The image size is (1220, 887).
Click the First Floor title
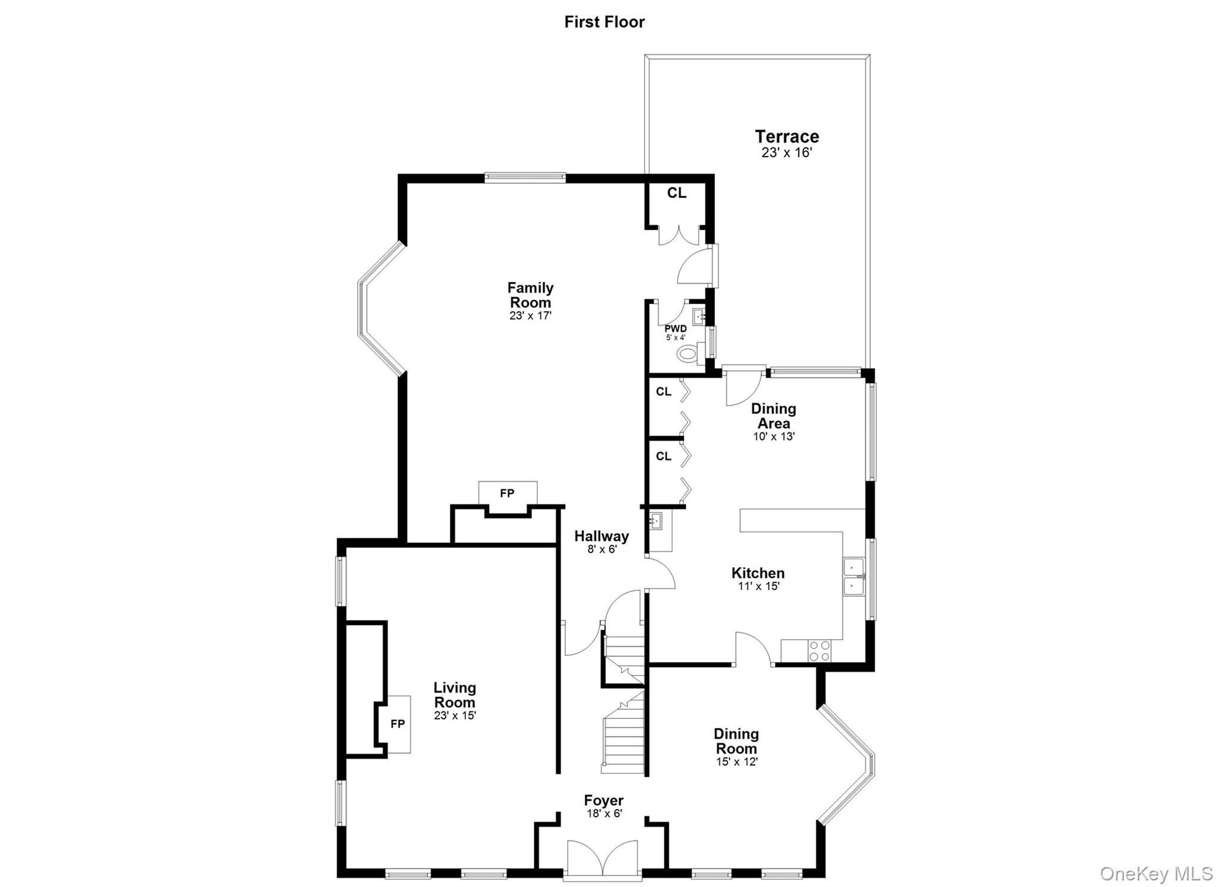pyautogui.click(x=604, y=22)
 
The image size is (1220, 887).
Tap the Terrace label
pyautogui.click(x=787, y=136)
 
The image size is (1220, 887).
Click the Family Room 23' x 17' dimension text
pyautogui.click(x=530, y=316)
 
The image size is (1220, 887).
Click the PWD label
pyautogui.click(x=676, y=328)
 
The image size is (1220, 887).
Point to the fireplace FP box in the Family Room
pyautogui.click(x=508, y=493)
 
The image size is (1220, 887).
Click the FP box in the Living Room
pyautogui.click(x=398, y=724)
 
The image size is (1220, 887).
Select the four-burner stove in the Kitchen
pyautogui.click(x=820, y=651)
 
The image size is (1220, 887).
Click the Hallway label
pyautogui.click(x=601, y=536)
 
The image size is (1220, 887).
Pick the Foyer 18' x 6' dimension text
pyautogui.click(x=604, y=813)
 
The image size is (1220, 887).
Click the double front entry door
pyautogui.click(x=603, y=858)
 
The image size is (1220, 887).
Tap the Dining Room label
pyautogui.click(x=736, y=741)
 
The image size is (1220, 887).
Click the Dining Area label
pyautogui.click(x=773, y=416)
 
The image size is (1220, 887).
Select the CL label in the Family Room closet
pyautogui.click(x=677, y=193)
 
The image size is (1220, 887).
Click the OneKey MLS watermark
pyautogui.click(x=1156, y=873)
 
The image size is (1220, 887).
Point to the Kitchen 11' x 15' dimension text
pyautogui.click(x=758, y=586)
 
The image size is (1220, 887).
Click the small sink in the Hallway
pyautogui.click(x=656, y=521)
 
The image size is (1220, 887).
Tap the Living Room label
pyautogui.click(x=455, y=695)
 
